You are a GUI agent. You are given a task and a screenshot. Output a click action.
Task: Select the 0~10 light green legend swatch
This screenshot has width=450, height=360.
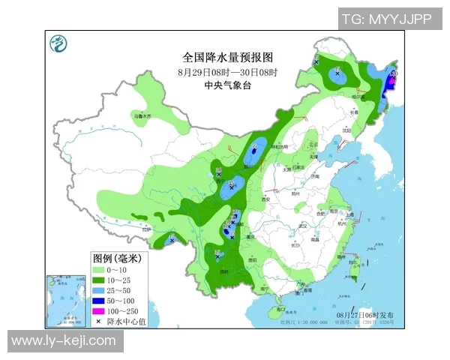tap(97, 269)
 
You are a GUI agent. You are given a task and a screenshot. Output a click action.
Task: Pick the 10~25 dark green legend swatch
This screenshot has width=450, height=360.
tap(97, 280)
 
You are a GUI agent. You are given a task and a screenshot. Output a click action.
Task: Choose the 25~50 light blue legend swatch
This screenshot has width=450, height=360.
tap(97, 290)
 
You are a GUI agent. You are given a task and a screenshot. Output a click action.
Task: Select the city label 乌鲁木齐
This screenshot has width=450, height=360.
tap(142, 116)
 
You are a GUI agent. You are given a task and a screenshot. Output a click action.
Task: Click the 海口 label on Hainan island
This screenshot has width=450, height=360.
tap(280, 308)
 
